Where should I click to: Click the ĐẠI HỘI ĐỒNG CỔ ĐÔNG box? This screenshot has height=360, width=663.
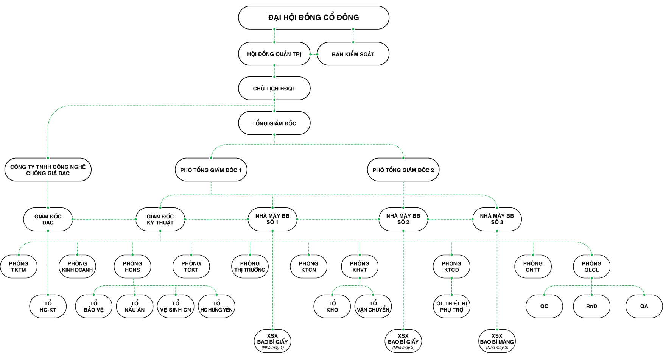tap(313, 17)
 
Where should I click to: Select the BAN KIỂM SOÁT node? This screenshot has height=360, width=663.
tap(353, 54)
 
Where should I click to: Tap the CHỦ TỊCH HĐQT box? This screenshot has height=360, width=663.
tap(274, 89)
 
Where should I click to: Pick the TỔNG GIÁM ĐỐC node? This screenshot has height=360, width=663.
tap(274, 123)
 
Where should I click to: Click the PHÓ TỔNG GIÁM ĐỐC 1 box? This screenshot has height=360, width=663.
tap(211, 170)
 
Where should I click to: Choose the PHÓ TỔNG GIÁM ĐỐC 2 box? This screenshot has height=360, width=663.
tap(403, 170)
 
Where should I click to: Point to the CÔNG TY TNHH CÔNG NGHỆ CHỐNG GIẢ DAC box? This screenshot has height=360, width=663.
tap(48, 170)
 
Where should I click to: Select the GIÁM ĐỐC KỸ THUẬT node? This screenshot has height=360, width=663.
tap(160, 220)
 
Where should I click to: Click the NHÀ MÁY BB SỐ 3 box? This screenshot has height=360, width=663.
tap(497, 219)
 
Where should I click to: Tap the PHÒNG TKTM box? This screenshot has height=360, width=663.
tap(19, 266)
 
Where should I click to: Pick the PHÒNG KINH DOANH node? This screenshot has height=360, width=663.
tap(77, 266)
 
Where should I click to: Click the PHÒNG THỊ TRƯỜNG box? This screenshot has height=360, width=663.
tap(250, 266)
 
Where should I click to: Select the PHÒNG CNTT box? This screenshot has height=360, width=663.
tap(533, 266)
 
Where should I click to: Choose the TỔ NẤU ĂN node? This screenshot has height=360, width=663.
tap(135, 307)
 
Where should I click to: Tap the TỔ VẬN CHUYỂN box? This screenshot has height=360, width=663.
tap(373, 307)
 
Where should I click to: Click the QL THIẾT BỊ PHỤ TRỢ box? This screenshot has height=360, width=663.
tap(451, 307)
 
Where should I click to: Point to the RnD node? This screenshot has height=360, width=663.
tap(591, 306)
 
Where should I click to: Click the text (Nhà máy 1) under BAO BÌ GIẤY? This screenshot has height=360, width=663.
tap(272, 348)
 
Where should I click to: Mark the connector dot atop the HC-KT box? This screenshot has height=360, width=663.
tap(48, 294)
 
